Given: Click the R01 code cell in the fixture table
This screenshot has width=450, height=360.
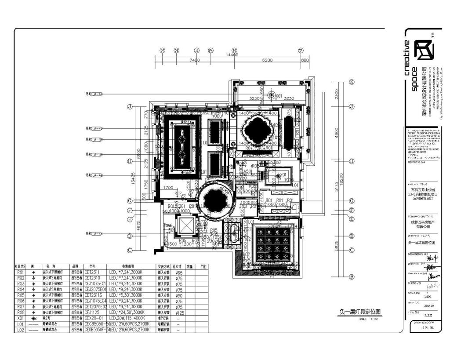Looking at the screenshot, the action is [20, 273].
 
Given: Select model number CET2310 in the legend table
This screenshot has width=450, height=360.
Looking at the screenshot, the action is [92, 278].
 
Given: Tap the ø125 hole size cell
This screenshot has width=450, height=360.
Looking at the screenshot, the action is [179, 313].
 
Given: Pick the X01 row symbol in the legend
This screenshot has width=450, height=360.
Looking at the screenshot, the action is [33, 318].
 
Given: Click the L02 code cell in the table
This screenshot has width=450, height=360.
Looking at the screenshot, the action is [20, 330].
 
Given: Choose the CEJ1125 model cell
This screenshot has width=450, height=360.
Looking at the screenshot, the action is [92, 313].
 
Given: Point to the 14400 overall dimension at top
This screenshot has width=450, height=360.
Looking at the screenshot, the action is [232, 55].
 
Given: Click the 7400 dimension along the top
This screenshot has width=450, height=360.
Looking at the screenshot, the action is [194, 60].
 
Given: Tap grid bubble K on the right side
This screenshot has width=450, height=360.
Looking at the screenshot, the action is [352, 82].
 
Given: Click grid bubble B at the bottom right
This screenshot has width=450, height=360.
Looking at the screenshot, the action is [352, 276].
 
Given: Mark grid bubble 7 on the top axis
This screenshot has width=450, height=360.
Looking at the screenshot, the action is [301, 51].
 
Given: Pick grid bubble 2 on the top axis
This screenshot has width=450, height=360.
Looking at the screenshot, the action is [162, 51].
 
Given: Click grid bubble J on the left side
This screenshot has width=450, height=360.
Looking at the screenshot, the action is [130, 107].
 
